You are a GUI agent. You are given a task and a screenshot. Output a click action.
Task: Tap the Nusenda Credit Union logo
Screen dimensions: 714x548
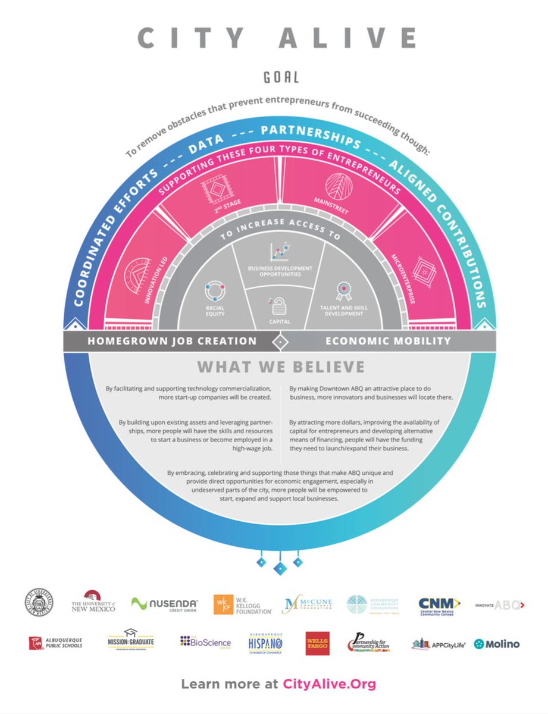coord(165,605)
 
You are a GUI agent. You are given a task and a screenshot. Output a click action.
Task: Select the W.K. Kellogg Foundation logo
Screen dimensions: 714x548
coord(243,605)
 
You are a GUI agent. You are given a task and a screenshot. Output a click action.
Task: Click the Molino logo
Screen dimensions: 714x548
coord(497,644)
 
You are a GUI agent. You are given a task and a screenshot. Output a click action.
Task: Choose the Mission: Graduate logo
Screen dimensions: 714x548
coord(130,641)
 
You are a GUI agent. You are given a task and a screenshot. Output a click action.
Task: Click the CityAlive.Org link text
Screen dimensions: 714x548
coord(329,684)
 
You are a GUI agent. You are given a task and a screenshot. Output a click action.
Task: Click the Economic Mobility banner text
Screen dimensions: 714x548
coord(387,341)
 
